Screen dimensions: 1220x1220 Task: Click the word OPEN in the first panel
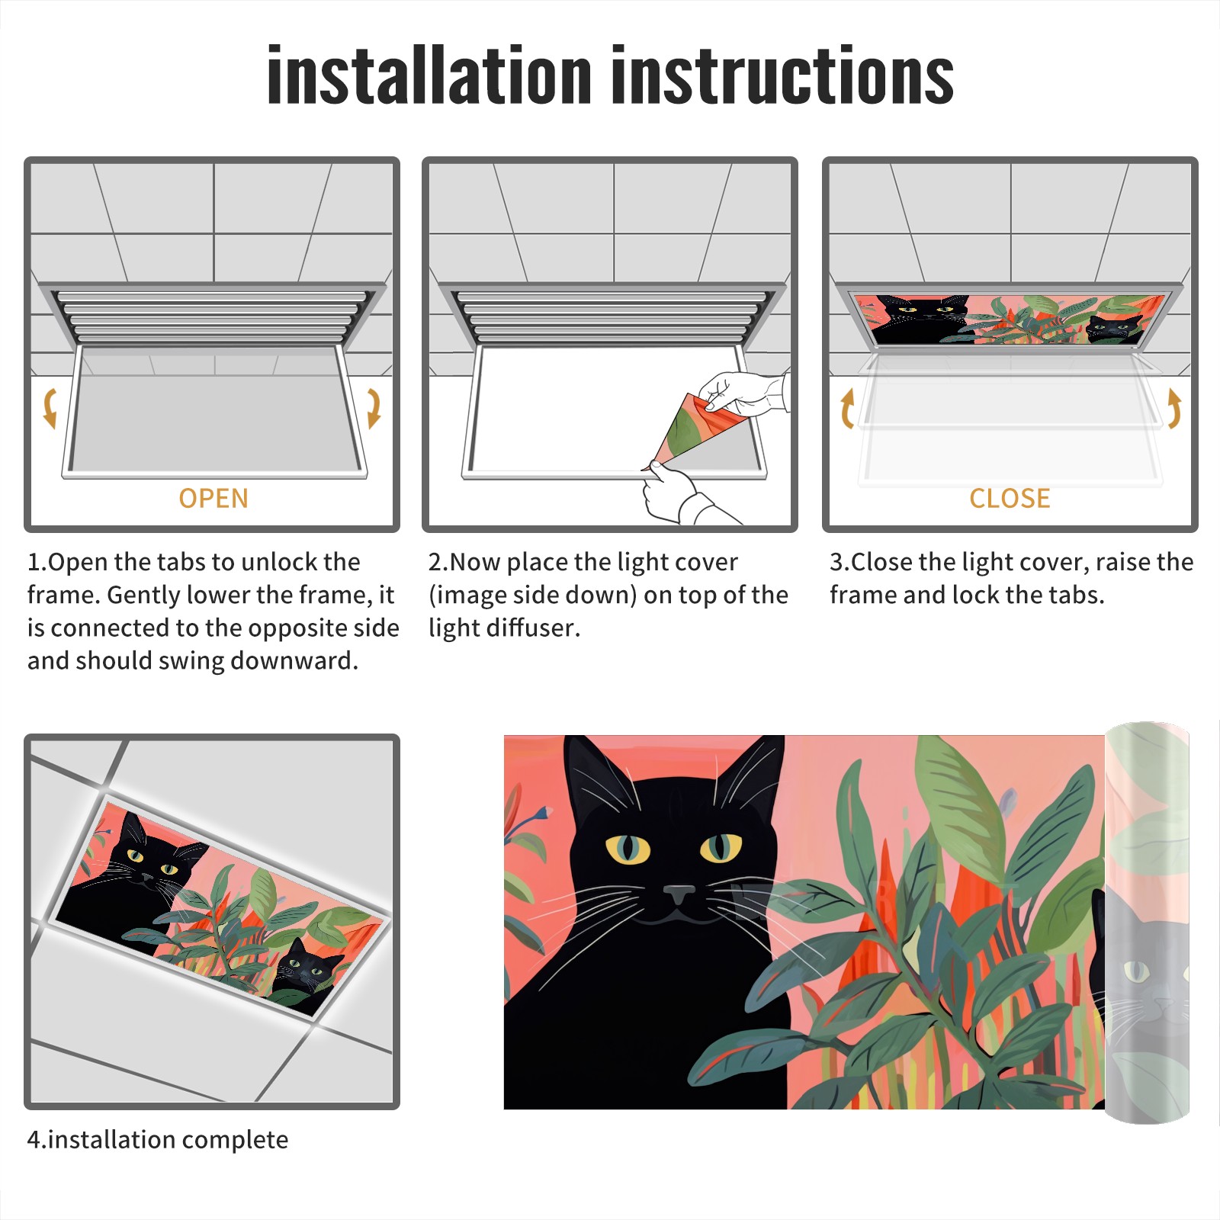click(x=213, y=499)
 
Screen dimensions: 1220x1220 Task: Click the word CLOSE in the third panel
click(x=1010, y=499)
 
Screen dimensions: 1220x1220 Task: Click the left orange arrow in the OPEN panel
click(x=50, y=408)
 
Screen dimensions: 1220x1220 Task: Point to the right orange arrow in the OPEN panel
click(x=374, y=408)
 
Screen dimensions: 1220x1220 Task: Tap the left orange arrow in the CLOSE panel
click(x=847, y=408)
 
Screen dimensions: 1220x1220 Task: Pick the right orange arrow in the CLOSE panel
click(x=1174, y=408)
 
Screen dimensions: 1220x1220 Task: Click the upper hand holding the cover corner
click(x=743, y=393)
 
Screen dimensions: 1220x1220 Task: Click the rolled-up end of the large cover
click(x=1147, y=923)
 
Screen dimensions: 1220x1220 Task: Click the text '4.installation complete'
click(x=158, y=1140)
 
